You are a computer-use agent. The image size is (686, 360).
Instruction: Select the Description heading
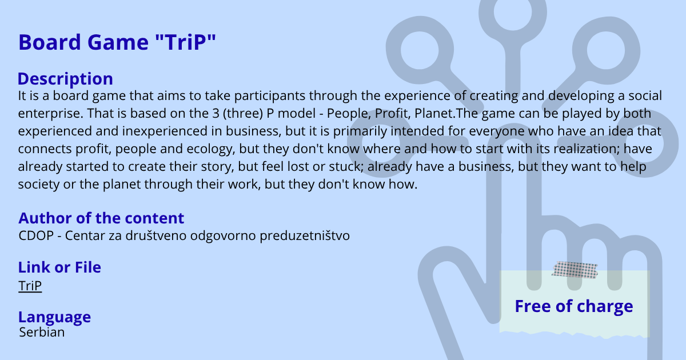(x=65, y=79)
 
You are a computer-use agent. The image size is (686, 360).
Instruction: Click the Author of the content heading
(x=101, y=218)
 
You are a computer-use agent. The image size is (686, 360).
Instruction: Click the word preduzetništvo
(x=305, y=236)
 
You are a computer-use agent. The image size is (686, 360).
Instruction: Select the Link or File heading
(x=59, y=267)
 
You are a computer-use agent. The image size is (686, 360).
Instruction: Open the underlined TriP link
(x=30, y=286)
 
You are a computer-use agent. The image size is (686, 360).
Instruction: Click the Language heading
(x=54, y=317)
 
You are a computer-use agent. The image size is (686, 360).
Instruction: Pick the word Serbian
(x=42, y=332)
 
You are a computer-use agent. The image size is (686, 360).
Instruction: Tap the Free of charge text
(x=574, y=306)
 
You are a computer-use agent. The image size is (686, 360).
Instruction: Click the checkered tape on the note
(x=575, y=270)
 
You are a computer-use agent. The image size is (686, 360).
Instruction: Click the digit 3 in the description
(x=216, y=113)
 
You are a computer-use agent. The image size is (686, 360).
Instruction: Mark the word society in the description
(x=39, y=185)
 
